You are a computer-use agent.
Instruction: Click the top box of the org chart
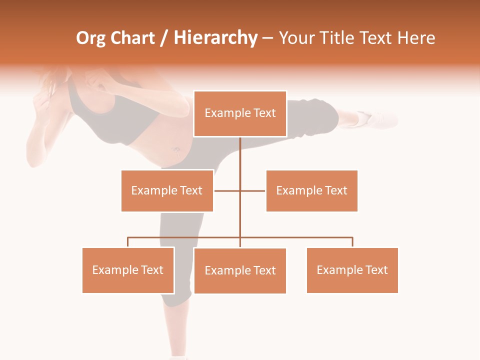240,113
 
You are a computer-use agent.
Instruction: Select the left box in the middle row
167,190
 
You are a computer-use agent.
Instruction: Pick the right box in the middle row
311,190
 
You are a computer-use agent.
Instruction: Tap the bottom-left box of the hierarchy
128,270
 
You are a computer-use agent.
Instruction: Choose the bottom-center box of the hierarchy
240,270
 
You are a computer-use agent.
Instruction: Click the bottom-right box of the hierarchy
352,270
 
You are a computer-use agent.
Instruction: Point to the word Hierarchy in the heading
215,38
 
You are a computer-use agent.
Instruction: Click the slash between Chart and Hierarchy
164,38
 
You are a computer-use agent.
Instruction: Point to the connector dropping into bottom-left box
128,242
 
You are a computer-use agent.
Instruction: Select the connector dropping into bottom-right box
352,242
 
